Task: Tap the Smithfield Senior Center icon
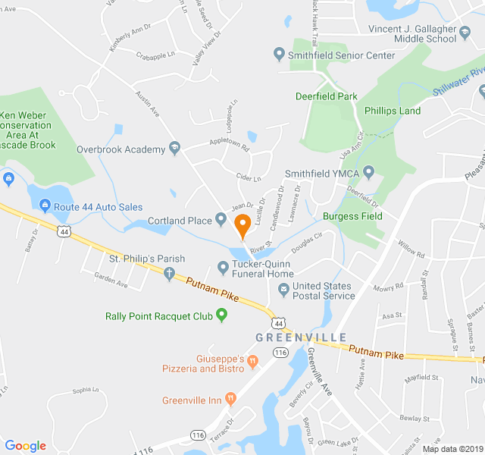(279, 55)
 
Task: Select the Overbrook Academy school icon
(175, 149)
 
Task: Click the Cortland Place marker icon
(221, 220)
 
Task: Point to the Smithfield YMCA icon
(369, 173)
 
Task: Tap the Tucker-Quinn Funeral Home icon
(223, 267)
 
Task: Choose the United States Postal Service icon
(282, 287)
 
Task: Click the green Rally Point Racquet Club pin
(222, 315)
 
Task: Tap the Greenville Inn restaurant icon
(231, 400)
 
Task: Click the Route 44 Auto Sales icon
(45, 206)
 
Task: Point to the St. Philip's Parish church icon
(170, 273)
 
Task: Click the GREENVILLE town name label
(301, 337)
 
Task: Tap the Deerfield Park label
(326, 96)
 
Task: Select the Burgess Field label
(352, 216)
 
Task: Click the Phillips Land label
(392, 111)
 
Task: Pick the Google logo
(25, 446)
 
